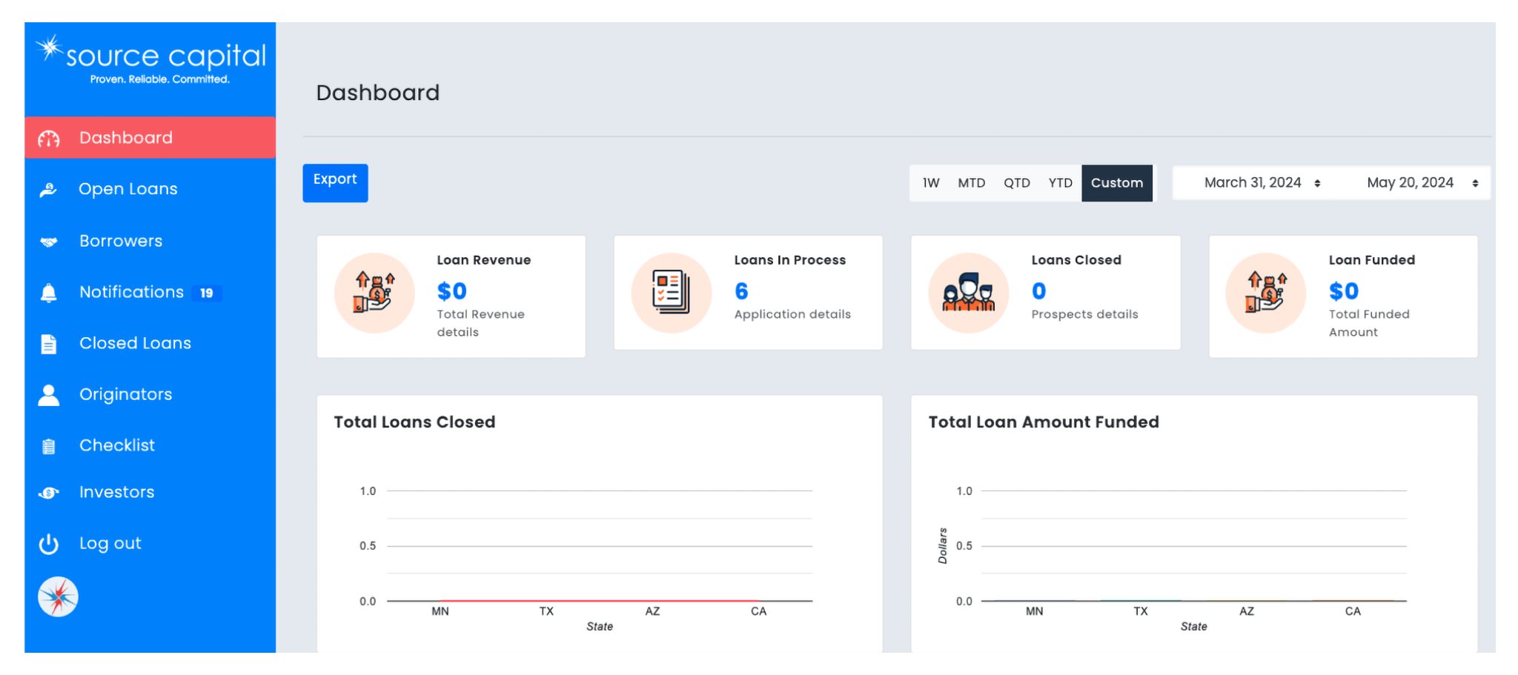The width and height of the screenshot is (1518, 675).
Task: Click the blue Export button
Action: click(x=335, y=182)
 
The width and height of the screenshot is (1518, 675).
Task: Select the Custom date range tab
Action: click(x=1116, y=183)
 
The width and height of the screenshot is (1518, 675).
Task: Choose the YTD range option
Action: click(x=1060, y=183)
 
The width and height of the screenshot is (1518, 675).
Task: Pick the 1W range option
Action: click(x=931, y=183)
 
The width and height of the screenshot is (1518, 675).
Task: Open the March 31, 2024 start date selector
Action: click(x=1261, y=183)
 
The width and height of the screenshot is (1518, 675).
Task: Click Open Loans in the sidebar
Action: click(x=127, y=189)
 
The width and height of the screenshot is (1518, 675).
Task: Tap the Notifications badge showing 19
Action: click(x=207, y=293)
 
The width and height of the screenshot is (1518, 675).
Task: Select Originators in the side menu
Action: click(x=125, y=394)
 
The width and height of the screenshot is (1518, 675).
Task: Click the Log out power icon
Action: click(x=49, y=544)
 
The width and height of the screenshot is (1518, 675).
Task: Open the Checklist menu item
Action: click(x=117, y=445)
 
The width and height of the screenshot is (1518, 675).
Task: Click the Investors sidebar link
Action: click(x=116, y=492)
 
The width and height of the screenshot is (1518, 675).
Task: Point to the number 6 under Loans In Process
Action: click(x=741, y=291)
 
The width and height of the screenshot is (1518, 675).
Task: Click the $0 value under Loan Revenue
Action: click(x=451, y=291)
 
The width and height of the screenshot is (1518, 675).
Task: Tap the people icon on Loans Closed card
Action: click(x=968, y=293)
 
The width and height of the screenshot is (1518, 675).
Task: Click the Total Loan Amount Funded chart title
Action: click(x=1043, y=422)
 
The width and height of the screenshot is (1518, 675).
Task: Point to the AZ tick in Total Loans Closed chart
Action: click(x=652, y=611)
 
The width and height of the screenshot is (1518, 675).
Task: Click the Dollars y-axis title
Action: click(x=943, y=545)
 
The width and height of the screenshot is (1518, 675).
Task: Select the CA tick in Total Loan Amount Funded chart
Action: click(x=1353, y=611)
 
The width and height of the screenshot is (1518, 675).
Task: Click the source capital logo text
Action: click(x=165, y=56)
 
